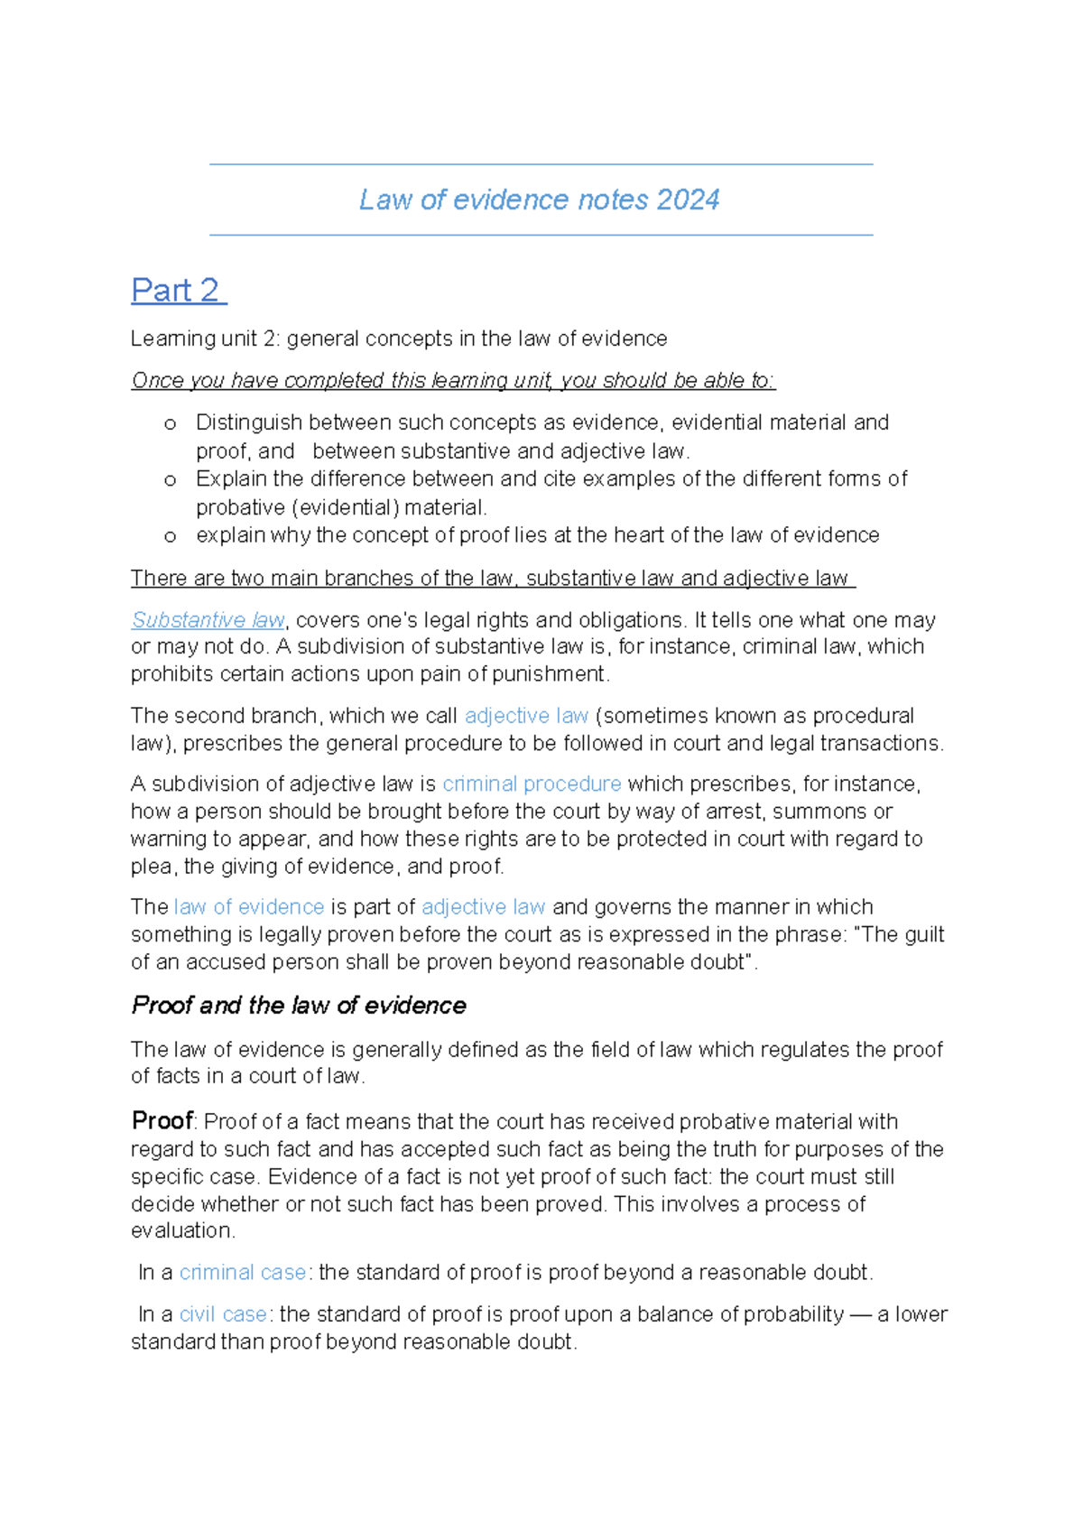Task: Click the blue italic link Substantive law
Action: coord(208,620)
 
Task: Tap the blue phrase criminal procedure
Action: coord(532,784)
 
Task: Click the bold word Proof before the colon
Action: coord(162,1121)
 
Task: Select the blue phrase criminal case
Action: coord(242,1272)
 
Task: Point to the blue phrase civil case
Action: coord(223,1313)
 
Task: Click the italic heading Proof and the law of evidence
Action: coord(299,1006)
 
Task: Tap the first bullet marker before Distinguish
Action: coord(170,423)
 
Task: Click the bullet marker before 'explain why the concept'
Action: coord(170,536)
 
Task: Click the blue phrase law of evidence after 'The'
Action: coord(248,906)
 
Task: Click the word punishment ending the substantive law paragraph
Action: coord(551,674)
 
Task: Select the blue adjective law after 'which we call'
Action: coord(526,716)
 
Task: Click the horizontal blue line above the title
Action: coord(541,164)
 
